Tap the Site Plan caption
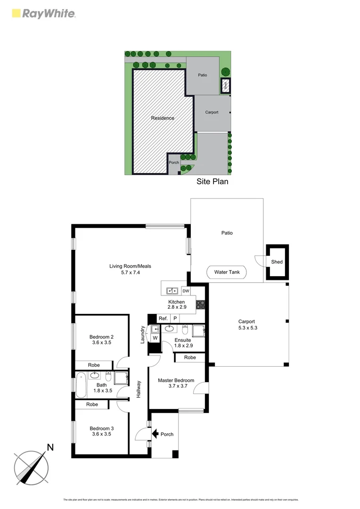[212, 181]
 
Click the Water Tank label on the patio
[228, 272]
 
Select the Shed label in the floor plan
[277, 262]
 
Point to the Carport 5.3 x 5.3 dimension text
[247, 328]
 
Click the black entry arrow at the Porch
[154, 434]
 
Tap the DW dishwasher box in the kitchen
[186, 291]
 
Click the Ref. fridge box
[163, 319]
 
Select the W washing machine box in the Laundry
[155, 338]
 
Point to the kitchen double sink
[171, 290]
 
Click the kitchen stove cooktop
[200, 304]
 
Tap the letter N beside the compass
[50, 447]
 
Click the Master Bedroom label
[176, 380]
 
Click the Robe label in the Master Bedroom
[190, 358]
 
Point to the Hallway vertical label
[139, 389]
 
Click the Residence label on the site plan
[162, 118]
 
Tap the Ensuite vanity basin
[170, 328]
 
